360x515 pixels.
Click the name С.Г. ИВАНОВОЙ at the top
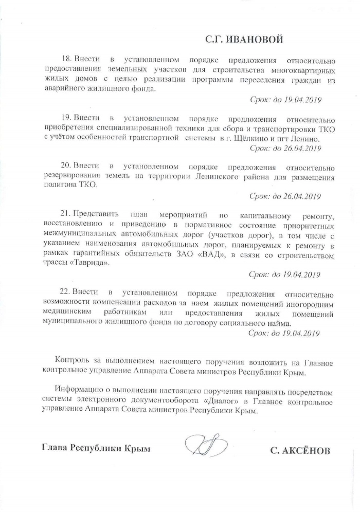(244, 40)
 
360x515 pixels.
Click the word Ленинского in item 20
(194, 178)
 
